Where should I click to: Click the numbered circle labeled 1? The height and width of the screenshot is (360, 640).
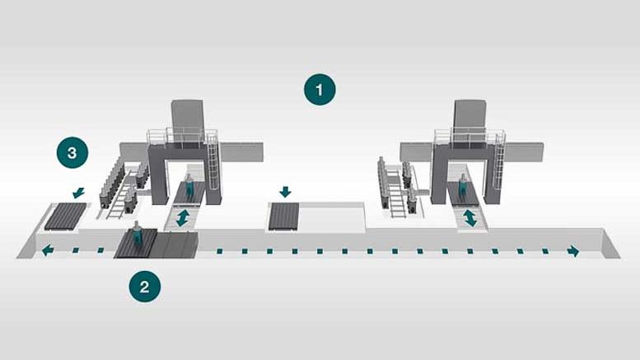coord(320,89)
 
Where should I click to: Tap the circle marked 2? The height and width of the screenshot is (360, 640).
coord(145,287)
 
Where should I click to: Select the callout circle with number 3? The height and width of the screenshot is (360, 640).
coord(72,152)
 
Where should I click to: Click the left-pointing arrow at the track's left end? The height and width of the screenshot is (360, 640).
coord(50,250)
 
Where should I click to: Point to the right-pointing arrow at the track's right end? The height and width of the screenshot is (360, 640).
coord(573,250)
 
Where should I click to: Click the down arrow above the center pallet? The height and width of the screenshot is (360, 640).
coord(285,192)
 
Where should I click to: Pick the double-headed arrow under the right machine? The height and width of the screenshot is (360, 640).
coord(469,217)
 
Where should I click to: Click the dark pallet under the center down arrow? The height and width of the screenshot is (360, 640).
coord(285,217)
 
